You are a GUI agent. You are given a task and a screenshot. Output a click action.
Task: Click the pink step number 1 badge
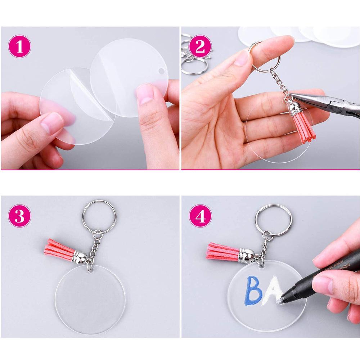19,46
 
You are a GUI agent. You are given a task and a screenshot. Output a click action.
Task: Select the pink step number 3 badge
19,216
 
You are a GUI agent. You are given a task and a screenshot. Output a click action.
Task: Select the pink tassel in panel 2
304,128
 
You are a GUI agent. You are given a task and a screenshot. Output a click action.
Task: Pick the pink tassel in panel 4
221,251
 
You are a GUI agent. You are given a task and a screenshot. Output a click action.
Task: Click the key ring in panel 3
99,216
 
